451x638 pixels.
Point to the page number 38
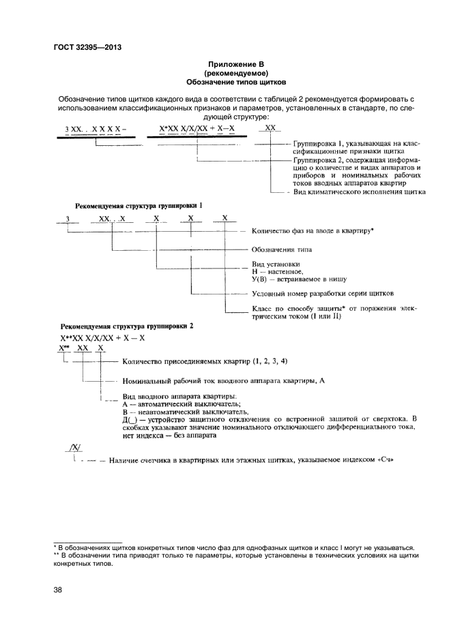pos(57,590)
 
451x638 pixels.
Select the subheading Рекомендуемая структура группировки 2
pos(127,326)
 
